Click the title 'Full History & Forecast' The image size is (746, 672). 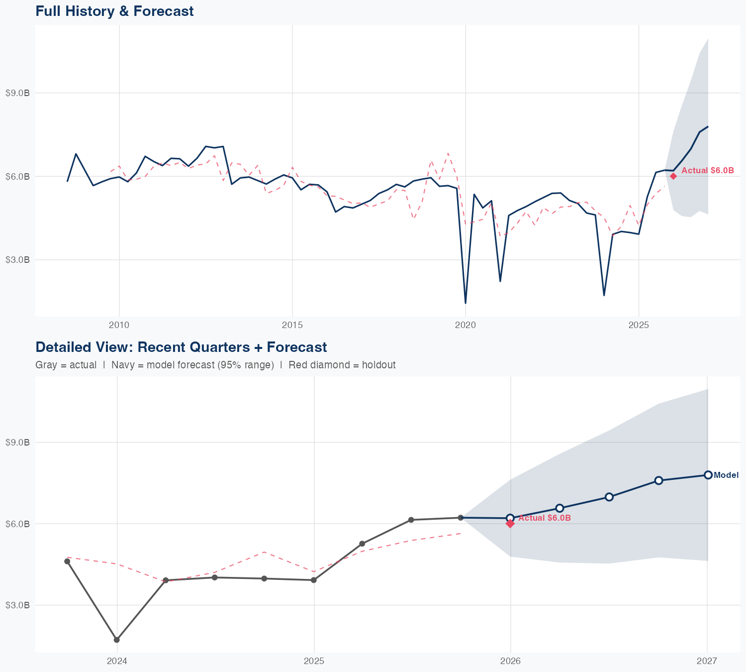(x=114, y=11)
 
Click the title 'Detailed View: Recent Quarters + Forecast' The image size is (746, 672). (x=181, y=347)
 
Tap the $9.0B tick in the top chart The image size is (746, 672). (x=17, y=93)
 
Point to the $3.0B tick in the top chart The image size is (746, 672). (x=17, y=260)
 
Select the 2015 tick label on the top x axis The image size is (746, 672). (x=292, y=325)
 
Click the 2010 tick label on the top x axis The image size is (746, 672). (x=119, y=325)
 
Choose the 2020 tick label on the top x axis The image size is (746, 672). (x=466, y=325)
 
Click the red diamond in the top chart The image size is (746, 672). (x=673, y=176)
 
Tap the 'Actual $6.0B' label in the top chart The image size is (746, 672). (x=707, y=170)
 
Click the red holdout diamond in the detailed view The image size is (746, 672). (x=510, y=523)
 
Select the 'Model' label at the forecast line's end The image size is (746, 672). (x=726, y=475)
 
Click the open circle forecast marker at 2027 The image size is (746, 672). (x=708, y=475)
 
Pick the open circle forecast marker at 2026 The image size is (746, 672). (x=510, y=518)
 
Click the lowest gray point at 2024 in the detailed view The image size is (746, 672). (x=117, y=640)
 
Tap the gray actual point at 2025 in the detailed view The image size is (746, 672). (x=314, y=580)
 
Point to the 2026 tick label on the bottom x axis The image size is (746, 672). (x=510, y=661)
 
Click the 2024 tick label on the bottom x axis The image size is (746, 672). (x=117, y=661)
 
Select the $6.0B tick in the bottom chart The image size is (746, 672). (x=17, y=524)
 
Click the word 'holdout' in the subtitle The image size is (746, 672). (x=378, y=365)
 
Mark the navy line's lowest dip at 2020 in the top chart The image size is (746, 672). (x=466, y=303)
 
